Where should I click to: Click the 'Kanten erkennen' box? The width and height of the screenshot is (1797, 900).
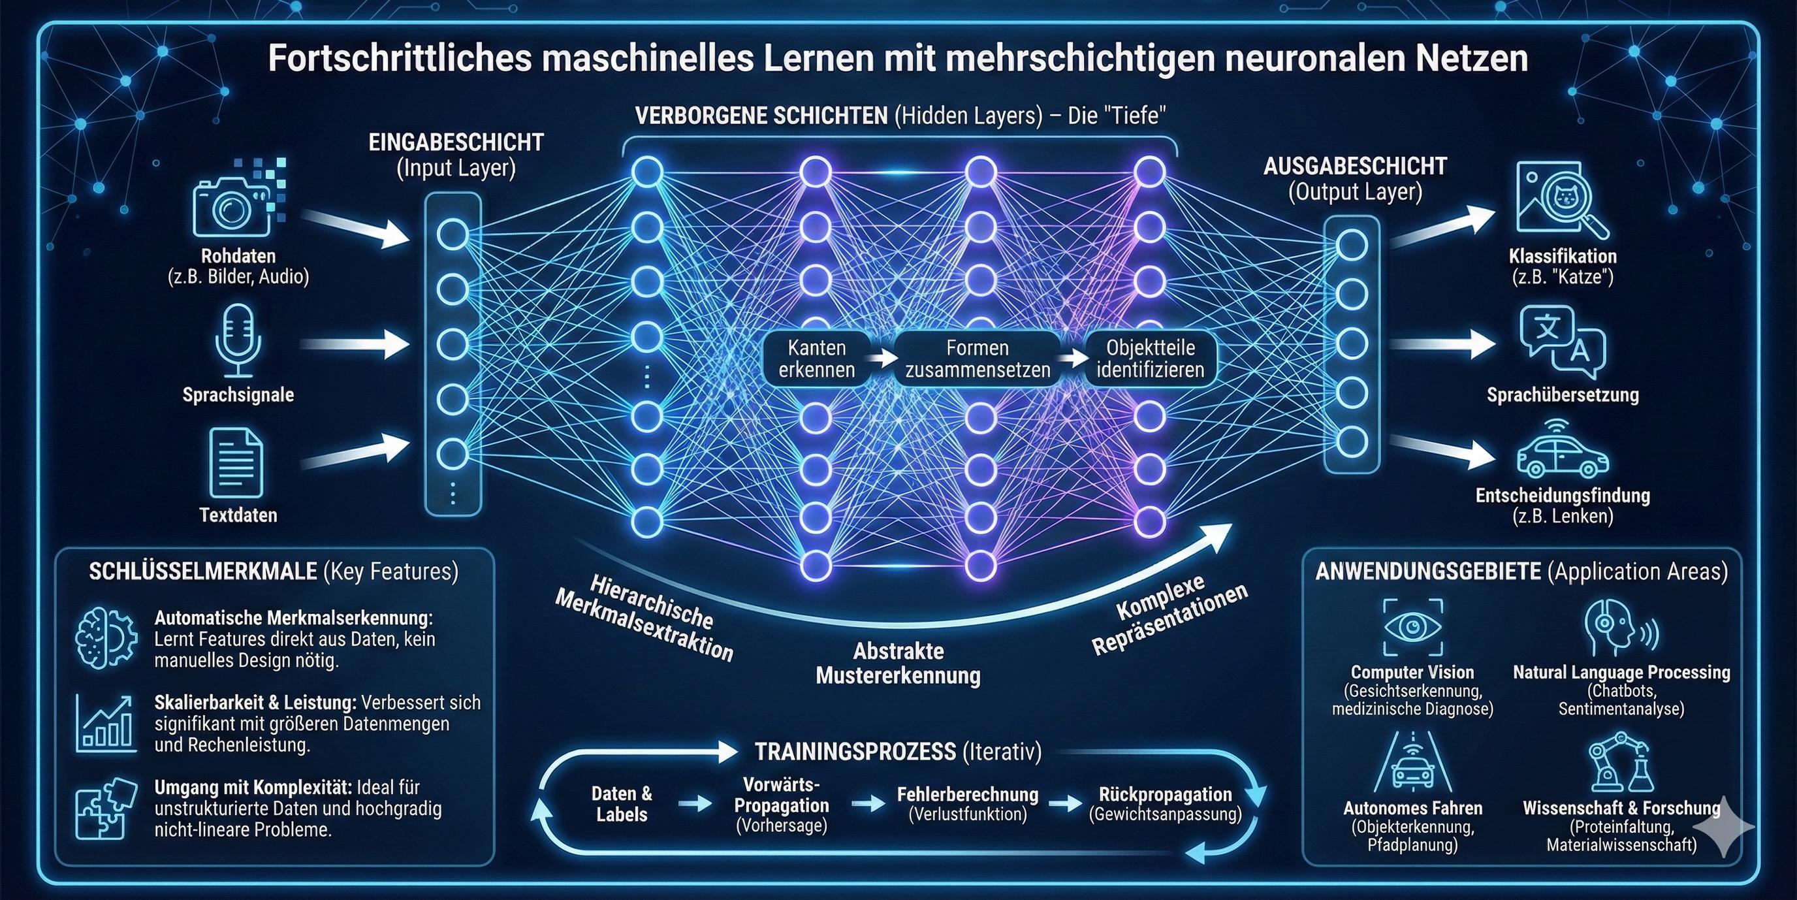(x=817, y=359)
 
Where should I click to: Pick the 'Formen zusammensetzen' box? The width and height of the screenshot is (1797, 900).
(x=978, y=359)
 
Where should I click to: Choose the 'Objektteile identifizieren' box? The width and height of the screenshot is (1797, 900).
(x=1151, y=359)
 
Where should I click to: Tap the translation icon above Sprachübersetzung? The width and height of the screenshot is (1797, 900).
(x=1563, y=340)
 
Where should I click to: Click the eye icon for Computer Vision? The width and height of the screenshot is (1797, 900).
(x=1412, y=626)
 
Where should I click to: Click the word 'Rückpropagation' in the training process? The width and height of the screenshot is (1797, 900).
(x=1164, y=794)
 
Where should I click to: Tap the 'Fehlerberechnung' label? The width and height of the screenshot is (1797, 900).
(x=968, y=794)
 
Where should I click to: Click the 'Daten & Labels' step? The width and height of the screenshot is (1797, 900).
(x=622, y=804)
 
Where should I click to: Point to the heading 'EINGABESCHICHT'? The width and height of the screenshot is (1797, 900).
(x=456, y=143)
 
